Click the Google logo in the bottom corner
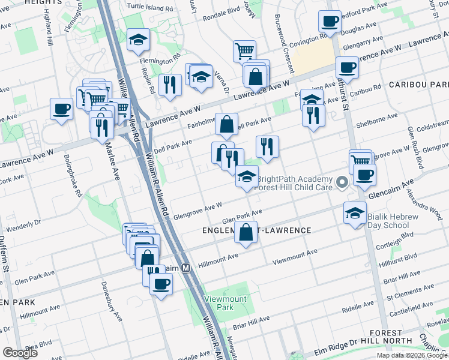(x=20, y=352)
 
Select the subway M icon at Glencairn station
(x=186, y=268)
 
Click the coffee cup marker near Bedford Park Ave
(x=330, y=22)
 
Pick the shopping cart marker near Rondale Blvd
(x=244, y=51)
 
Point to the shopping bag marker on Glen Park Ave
(x=246, y=232)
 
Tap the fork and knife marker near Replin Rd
(x=170, y=85)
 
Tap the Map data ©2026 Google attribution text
(x=411, y=355)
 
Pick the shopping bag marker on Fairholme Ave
(x=226, y=124)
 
